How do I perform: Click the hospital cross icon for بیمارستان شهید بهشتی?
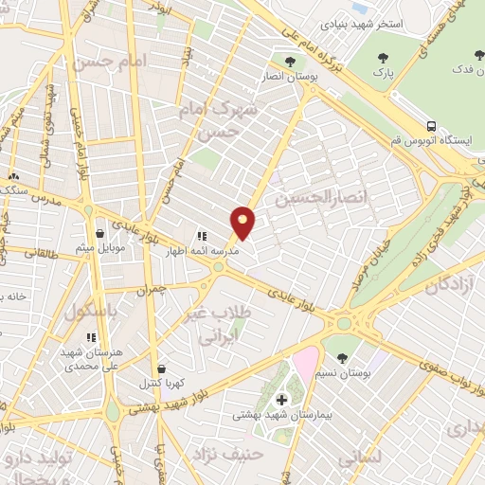pos(280,400)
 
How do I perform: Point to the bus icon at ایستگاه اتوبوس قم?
pos(432,126)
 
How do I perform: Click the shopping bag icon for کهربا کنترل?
pos(161,369)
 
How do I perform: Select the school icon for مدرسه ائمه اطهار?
pos(201,236)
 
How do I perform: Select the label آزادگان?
pos(453,284)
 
